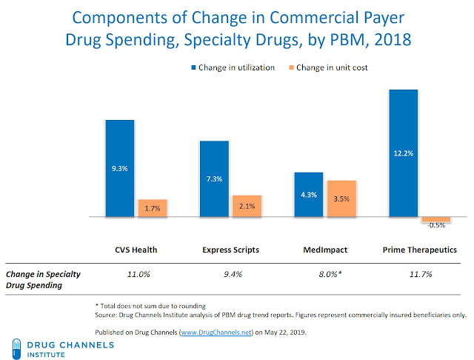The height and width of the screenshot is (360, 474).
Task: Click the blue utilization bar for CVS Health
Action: point(120,168)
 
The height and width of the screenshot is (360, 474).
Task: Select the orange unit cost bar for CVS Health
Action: point(153,208)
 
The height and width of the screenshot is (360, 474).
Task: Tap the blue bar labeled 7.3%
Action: point(214,179)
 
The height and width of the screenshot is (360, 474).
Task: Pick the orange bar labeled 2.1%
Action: point(247,206)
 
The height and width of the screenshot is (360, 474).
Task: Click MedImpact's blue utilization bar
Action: point(309,195)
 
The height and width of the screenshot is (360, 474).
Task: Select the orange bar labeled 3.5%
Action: point(341,199)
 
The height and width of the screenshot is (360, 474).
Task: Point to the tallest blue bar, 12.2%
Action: point(404,153)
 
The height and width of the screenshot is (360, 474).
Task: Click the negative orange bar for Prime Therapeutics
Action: point(436,221)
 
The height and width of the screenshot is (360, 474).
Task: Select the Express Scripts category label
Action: point(230,250)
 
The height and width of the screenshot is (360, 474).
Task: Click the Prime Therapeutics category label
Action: point(420,250)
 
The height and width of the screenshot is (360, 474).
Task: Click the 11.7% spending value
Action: point(420,274)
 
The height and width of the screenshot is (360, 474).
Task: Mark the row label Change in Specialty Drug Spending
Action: point(43,279)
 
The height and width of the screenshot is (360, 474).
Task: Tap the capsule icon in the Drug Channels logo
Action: point(16,347)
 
